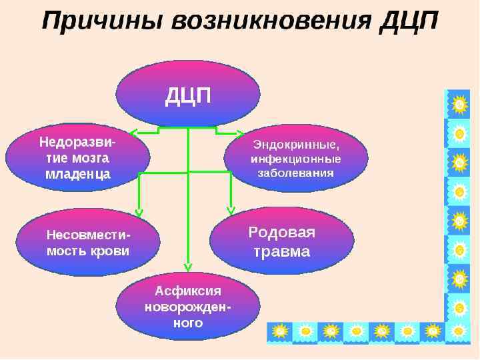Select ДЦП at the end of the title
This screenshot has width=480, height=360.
tap(407, 21)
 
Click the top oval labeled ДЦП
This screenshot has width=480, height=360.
tap(188, 94)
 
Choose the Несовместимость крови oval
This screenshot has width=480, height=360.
tap(88, 243)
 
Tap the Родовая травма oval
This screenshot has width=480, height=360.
tap(281, 241)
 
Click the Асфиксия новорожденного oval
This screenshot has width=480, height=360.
tap(188, 307)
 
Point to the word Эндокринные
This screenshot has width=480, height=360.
tap(296, 145)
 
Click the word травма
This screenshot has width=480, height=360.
tap(282, 252)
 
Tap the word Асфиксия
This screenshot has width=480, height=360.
tap(188, 291)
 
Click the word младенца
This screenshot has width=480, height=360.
tap(77, 175)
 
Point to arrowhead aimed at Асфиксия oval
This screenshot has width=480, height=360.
tap(188, 267)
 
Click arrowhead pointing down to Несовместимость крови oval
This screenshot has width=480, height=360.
tap(139, 213)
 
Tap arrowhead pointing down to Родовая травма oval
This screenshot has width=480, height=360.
tap(231, 209)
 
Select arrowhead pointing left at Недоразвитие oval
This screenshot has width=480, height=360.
tap(133, 134)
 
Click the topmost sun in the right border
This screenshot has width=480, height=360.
tap(459, 105)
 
